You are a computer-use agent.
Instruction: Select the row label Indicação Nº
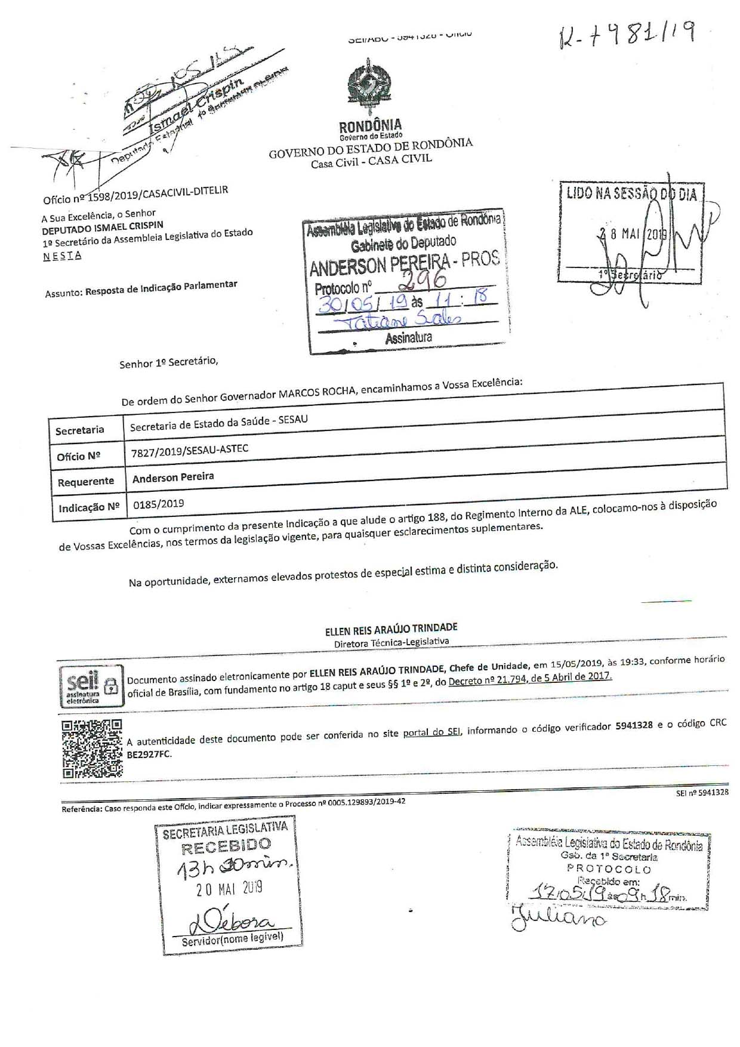click(x=89, y=508)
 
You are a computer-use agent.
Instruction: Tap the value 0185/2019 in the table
click(x=158, y=504)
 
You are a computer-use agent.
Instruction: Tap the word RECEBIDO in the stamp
click(x=226, y=846)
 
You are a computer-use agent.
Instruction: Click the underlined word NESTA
click(x=62, y=256)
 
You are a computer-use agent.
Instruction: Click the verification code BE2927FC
click(x=149, y=755)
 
